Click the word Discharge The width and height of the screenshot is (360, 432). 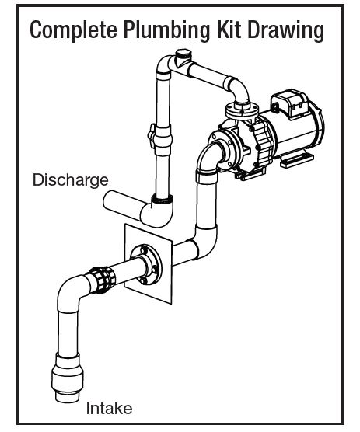[x=71, y=180]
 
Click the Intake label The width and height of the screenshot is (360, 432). [x=109, y=408]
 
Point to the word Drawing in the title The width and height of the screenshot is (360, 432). [x=285, y=30]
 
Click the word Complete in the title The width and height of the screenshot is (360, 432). [x=73, y=30]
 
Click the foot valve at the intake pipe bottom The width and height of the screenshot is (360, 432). [x=68, y=377]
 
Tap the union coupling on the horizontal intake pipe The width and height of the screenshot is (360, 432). [x=101, y=279]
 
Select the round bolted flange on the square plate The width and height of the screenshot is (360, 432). [x=146, y=264]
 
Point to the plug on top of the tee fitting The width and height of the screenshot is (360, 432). [x=182, y=54]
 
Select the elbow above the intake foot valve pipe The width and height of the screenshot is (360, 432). [x=72, y=293]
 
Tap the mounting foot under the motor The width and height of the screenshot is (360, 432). [x=296, y=161]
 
